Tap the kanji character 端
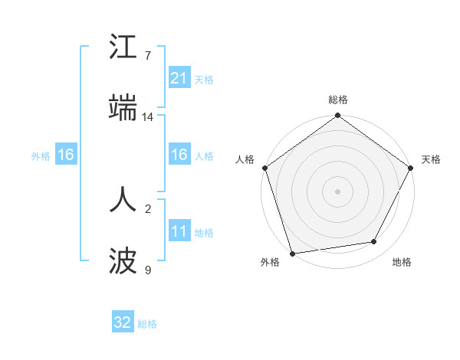pos(123,110)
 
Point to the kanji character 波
pos(123,261)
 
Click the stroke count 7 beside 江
pos(148,56)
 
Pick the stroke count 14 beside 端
pos(148,117)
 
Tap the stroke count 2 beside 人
pos(148,208)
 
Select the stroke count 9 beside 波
pos(148,270)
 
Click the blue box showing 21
pos(179,78)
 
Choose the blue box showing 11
pos(179,232)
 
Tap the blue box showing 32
pos(123,323)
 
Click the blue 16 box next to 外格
pos(66,155)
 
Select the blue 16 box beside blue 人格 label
pos(179,155)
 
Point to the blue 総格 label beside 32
pos(147,324)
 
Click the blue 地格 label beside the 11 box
pos(204,233)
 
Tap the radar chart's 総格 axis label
pos(338,100)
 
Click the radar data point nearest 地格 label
pos(374,242)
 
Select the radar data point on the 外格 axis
pos(292,253)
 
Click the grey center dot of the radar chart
pos(337,191)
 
